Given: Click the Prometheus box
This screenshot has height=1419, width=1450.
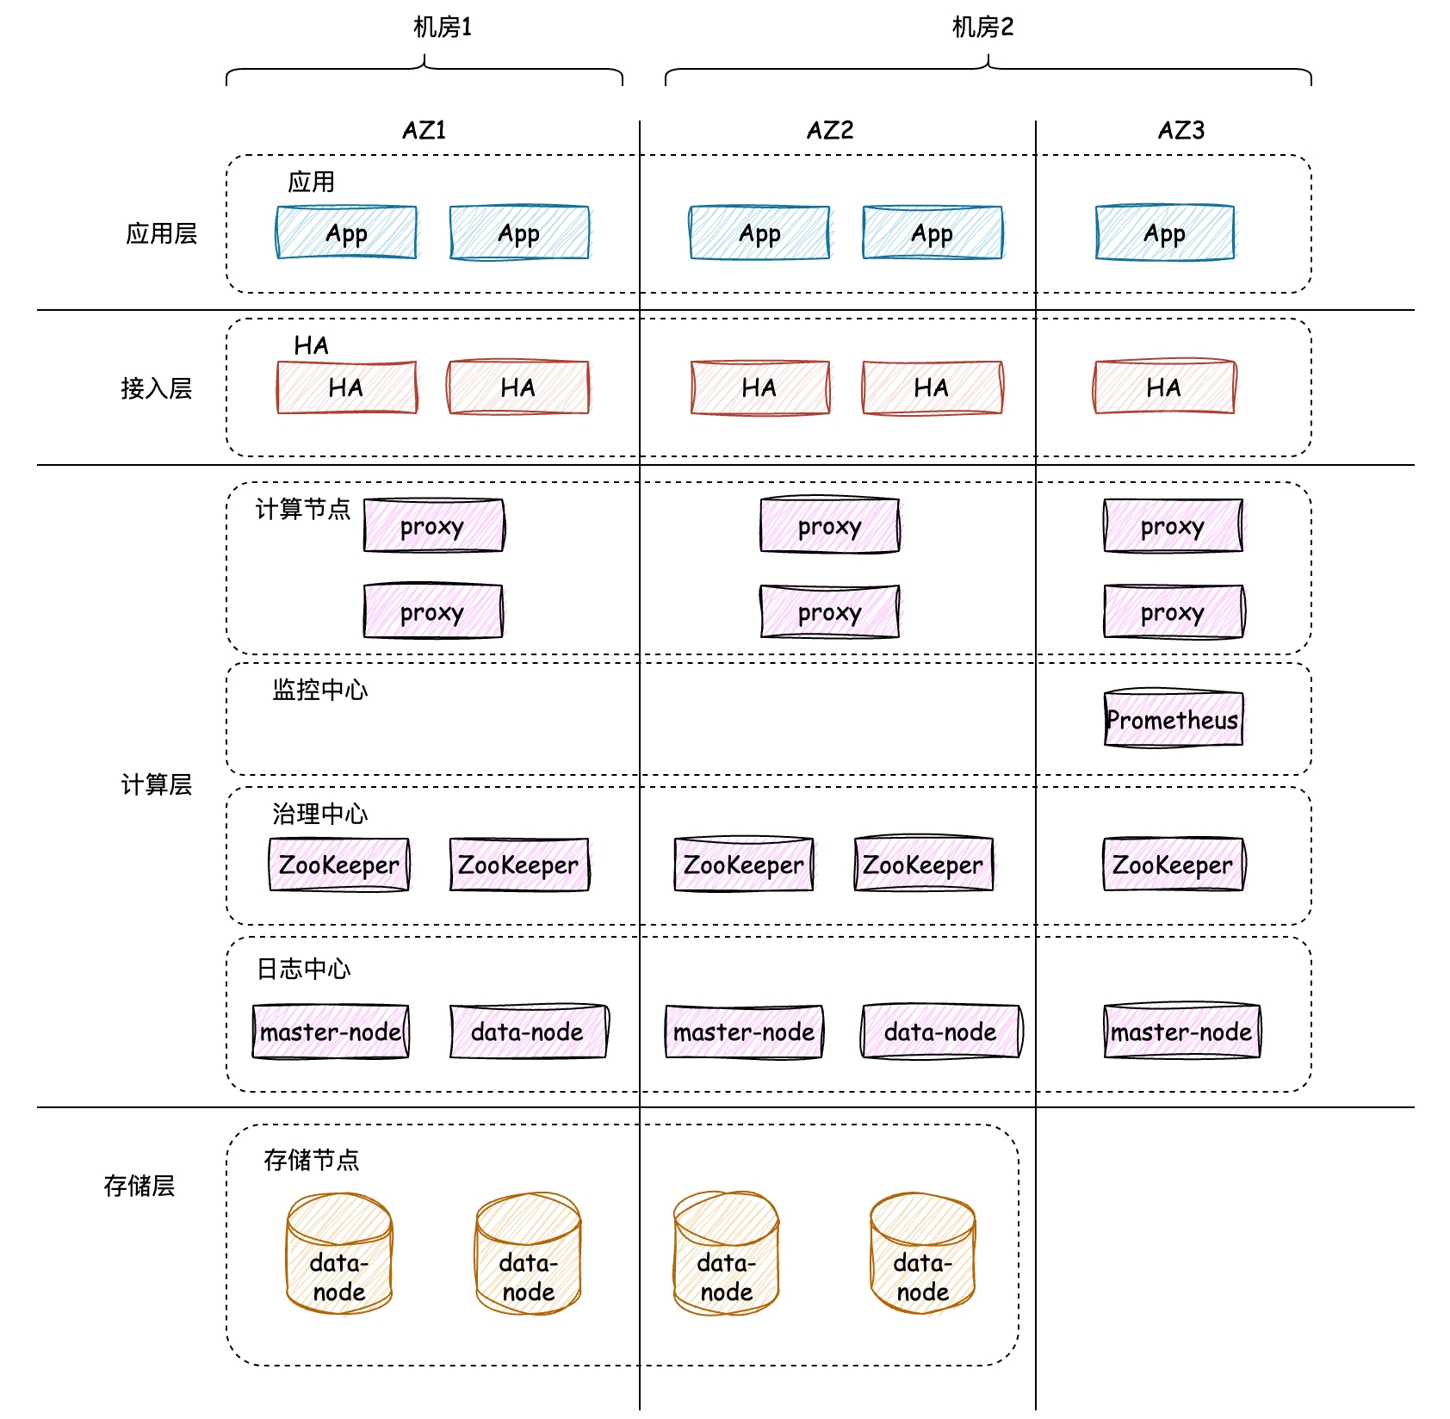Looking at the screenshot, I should (x=1173, y=719).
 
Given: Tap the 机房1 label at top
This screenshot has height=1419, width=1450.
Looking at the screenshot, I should (x=443, y=28).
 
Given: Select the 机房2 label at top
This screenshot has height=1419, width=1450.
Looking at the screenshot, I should (x=982, y=28).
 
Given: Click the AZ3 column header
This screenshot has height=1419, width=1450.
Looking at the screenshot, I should (x=1180, y=131).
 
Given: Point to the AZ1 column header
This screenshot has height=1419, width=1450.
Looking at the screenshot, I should (x=424, y=131).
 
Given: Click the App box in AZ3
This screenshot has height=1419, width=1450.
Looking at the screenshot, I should (x=1164, y=232).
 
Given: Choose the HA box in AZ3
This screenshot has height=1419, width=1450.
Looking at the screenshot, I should (x=1164, y=387).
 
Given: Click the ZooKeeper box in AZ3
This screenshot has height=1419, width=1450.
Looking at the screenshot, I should (x=1173, y=864).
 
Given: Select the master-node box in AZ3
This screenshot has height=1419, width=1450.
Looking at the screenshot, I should (x=1181, y=1032).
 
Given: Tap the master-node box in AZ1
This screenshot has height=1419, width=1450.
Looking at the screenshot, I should (x=331, y=1032).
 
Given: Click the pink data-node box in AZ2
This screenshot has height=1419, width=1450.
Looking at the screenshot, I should (x=940, y=1032).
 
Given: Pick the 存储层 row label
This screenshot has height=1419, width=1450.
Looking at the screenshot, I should (x=139, y=1186).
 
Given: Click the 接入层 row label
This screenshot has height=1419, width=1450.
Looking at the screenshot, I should (x=156, y=388).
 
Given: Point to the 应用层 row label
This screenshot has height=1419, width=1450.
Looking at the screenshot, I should (x=161, y=233).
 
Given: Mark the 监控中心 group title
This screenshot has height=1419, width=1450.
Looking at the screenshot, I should (x=319, y=690).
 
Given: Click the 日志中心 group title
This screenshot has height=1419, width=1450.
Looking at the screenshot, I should (x=303, y=969).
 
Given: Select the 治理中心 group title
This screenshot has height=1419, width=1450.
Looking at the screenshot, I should (x=319, y=814).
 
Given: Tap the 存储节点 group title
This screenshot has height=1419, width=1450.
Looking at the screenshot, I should (x=311, y=1160).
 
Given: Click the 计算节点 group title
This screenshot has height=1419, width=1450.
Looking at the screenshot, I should (x=302, y=509).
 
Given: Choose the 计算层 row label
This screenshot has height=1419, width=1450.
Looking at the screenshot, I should (x=156, y=784).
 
